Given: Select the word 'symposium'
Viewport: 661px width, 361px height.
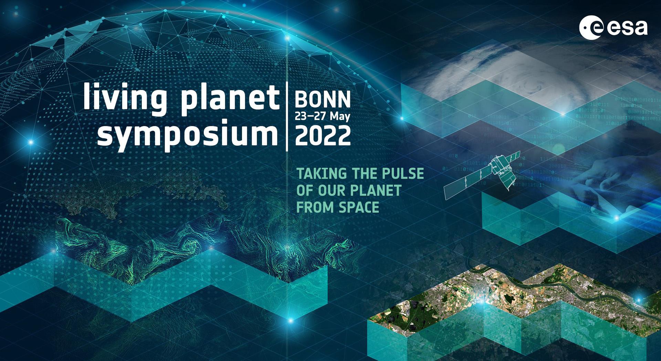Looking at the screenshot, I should point(188,135).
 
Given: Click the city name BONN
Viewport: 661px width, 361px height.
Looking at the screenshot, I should point(323,100).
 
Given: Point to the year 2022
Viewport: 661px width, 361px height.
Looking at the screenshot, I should point(323,135).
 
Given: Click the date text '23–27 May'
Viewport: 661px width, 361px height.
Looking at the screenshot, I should point(323,116).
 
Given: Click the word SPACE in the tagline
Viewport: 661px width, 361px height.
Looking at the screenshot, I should point(359,207).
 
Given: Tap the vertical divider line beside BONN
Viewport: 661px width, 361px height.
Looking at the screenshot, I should point(287,117).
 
